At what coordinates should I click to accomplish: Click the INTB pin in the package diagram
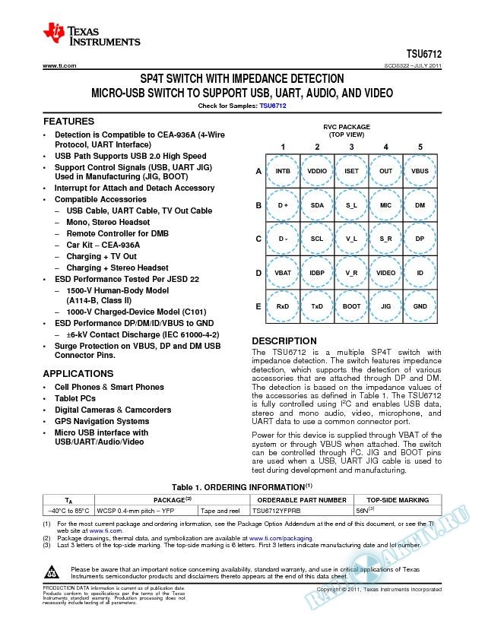click(x=283, y=171)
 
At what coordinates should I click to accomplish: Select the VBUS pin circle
click(x=420, y=171)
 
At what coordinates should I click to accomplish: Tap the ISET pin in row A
click(x=351, y=171)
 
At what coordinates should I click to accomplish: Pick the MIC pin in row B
click(x=385, y=205)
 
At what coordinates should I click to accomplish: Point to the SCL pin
click(x=317, y=239)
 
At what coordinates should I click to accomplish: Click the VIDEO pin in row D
click(x=385, y=273)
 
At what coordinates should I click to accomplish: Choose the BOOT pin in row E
click(x=351, y=306)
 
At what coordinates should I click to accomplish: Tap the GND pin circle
click(x=420, y=306)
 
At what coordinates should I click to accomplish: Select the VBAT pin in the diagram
click(x=283, y=273)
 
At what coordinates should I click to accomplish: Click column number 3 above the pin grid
click(x=351, y=147)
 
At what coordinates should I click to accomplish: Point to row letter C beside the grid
click(x=259, y=239)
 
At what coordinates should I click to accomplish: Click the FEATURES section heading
click(x=68, y=122)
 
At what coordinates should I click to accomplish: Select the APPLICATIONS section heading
click(x=78, y=374)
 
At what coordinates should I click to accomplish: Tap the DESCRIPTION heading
click(x=284, y=341)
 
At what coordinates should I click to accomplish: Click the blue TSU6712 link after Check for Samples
click(x=273, y=106)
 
